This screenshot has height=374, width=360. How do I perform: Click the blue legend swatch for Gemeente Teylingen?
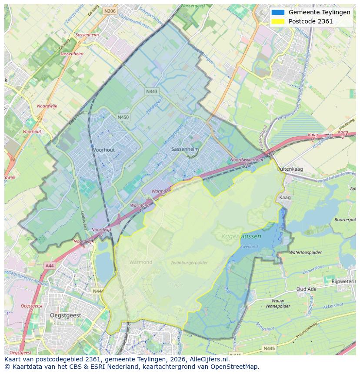tap(277, 12)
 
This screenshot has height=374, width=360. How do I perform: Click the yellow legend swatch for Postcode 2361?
tap(277, 21)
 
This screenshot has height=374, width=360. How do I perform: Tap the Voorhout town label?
tap(103, 150)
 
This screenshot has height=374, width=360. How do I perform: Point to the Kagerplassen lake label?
tap(241, 236)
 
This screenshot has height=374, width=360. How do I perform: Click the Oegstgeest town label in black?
tap(65, 315)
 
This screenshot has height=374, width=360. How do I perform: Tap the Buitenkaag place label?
tap(290, 168)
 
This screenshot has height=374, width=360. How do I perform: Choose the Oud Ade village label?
tap(307, 289)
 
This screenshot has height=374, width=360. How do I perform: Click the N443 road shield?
tap(151, 92)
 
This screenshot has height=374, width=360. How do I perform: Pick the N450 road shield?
tap(123, 117)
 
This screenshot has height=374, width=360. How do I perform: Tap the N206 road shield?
tap(110, 11)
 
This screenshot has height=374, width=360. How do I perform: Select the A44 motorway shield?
tap(49, 265)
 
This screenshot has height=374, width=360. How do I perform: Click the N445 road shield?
tap(269, 348)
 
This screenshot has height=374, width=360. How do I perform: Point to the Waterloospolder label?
tap(305, 252)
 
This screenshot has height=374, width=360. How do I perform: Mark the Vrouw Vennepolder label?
tap(277, 303)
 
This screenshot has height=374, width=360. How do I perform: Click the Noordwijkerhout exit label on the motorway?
tap(247, 160)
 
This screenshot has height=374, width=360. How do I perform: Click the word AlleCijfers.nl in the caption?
tap(206, 359)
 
